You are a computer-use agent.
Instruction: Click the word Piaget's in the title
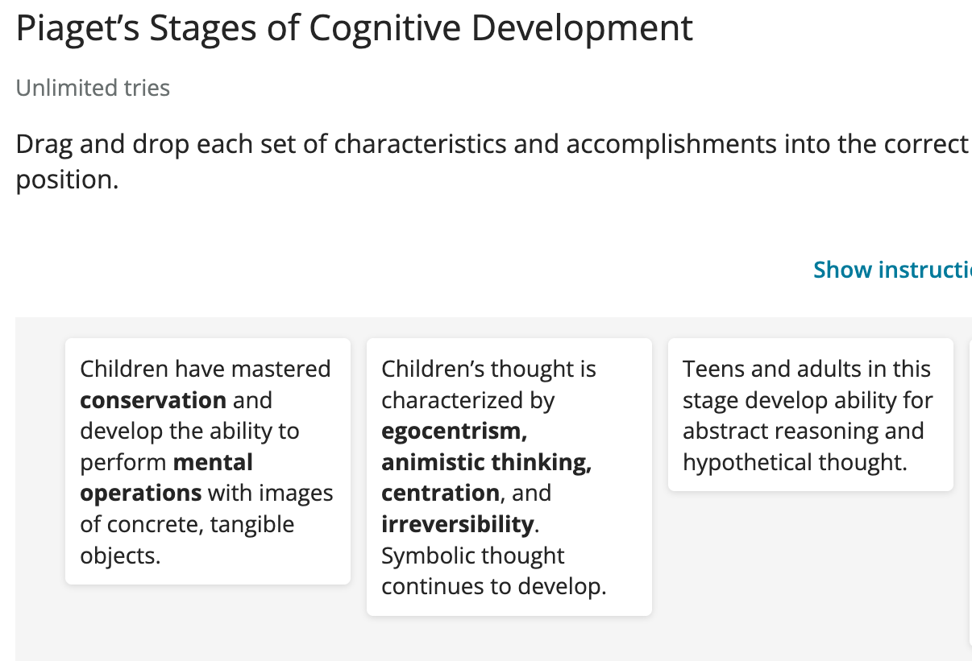point(77,29)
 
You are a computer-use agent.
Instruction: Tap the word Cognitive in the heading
point(385,29)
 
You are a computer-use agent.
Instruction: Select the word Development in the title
point(582,29)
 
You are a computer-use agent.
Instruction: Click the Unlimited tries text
point(93,88)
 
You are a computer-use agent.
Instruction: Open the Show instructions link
point(892,270)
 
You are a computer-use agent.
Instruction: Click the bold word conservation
point(153,400)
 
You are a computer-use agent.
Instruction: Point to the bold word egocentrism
point(454,432)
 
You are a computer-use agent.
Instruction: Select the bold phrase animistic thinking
point(487,462)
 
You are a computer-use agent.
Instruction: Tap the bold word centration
point(440,494)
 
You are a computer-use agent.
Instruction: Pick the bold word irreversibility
point(458,524)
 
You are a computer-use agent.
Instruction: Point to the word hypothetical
point(746,462)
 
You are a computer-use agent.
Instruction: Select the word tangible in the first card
point(252,524)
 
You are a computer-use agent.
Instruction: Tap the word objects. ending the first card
point(120,556)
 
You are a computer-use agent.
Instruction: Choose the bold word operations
point(141,494)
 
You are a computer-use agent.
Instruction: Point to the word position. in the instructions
point(67,180)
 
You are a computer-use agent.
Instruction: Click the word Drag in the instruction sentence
point(44,145)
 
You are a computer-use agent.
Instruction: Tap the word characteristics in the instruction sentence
point(420,143)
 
